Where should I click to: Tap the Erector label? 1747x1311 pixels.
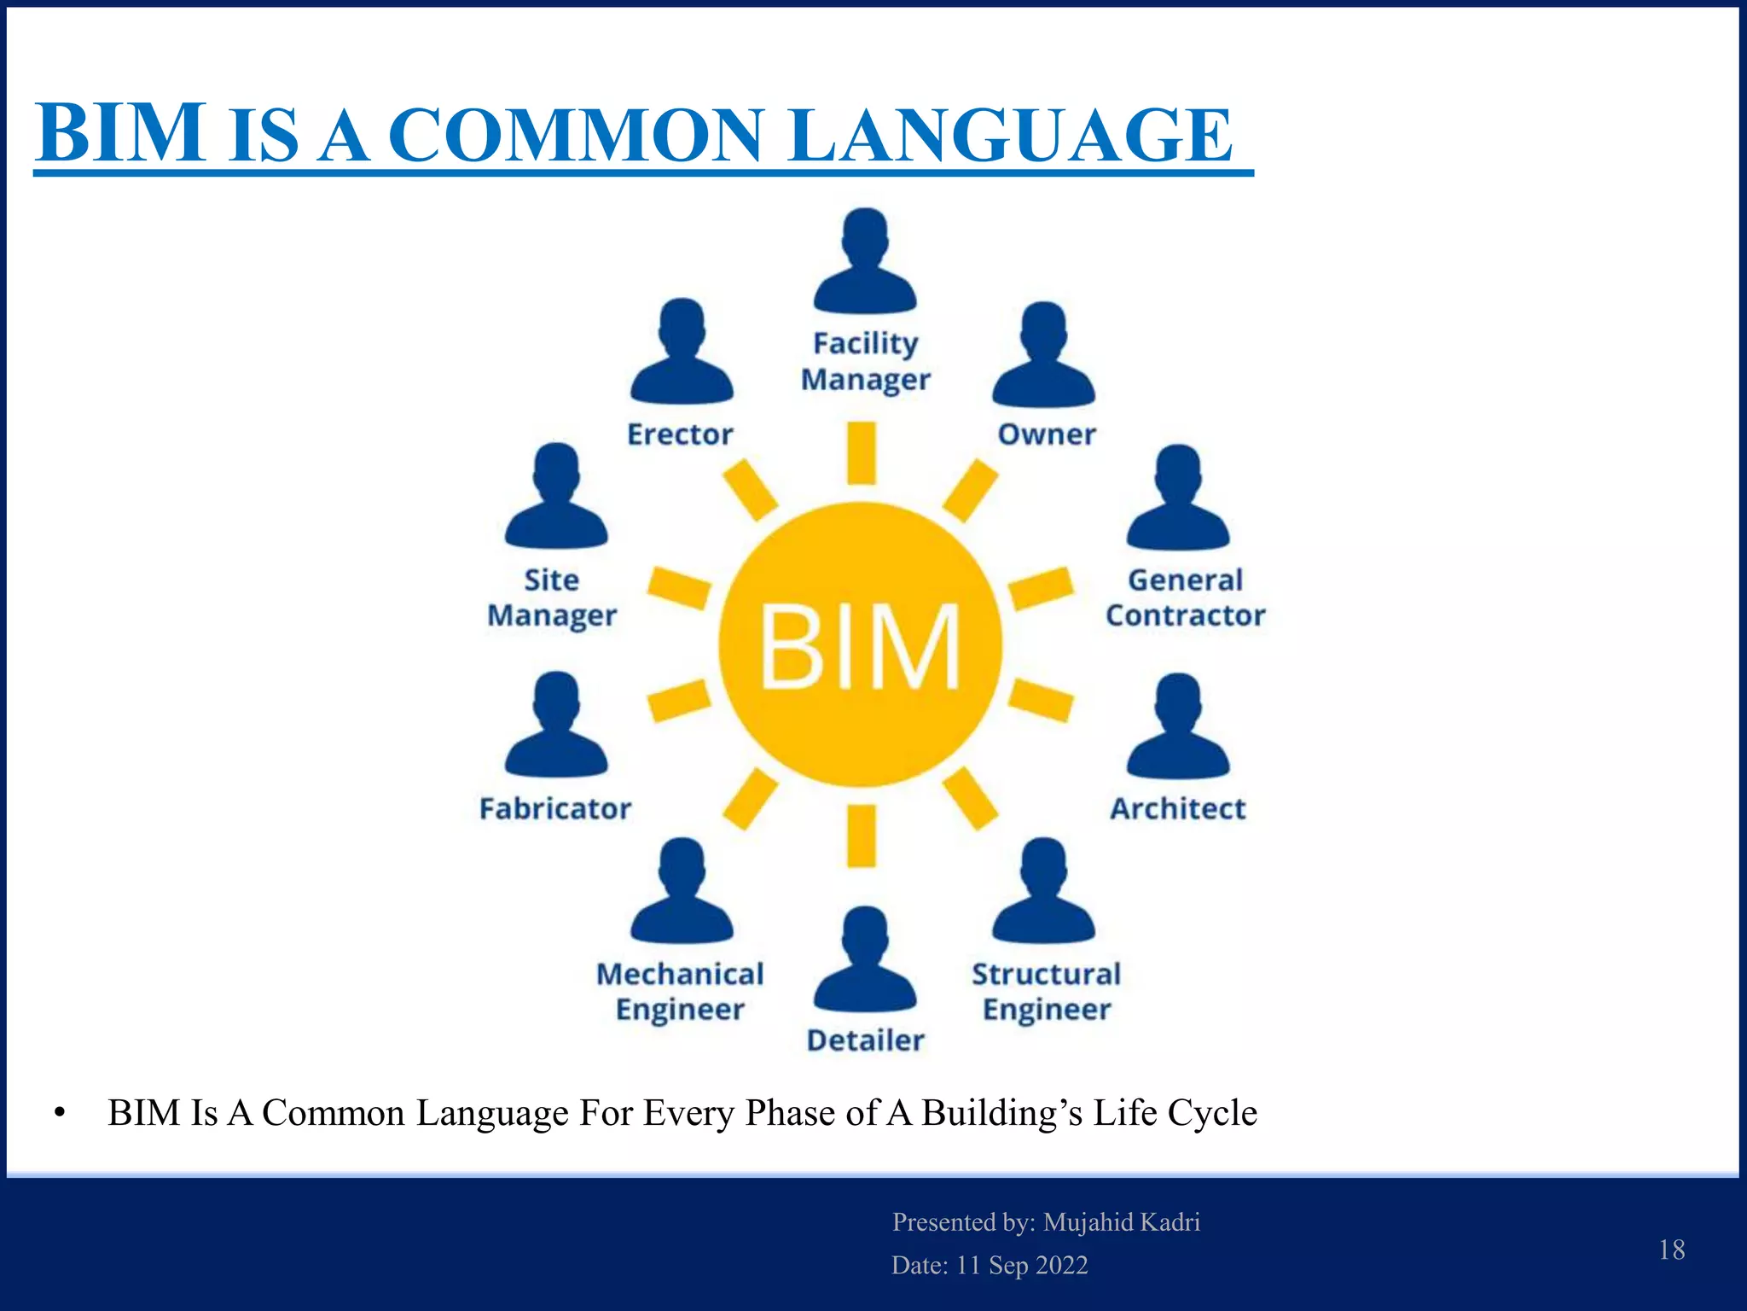click(x=680, y=434)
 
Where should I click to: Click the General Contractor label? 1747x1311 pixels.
click(x=1185, y=597)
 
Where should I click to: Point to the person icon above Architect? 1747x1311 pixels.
click(x=1178, y=726)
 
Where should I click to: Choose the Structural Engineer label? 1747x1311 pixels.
click(x=1047, y=992)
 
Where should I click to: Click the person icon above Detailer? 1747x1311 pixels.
click(x=865, y=959)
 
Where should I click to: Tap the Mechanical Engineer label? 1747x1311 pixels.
click(x=680, y=992)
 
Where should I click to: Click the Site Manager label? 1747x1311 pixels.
click(x=552, y=597)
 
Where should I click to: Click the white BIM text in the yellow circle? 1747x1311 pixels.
click(x=860, y=646)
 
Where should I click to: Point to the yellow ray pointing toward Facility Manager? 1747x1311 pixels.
click(x=862, y=452)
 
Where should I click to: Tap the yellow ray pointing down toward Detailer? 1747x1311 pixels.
click(x=862, y=836)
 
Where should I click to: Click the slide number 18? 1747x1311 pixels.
click(x=1671, y=1250)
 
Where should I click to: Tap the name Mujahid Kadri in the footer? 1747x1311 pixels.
click(x=1122, y=1222)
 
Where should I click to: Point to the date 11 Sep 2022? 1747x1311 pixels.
click(x=1022, y=1265)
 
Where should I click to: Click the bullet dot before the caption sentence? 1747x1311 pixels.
click(x=59, y=1113)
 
